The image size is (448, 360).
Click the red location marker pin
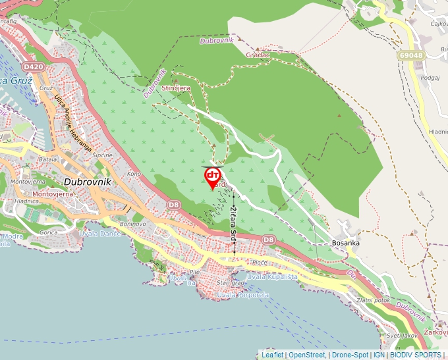(213, 176)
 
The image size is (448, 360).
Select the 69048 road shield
(410, 56)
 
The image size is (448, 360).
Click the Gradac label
(258, 55)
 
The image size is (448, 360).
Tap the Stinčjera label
(176, 88)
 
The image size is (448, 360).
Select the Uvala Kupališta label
(272, 277)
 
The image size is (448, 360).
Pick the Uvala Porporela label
(244, 294)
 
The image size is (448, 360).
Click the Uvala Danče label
(99, 234)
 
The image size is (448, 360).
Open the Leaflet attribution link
(272, 355)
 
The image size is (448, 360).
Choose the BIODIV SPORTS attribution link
(416, 355)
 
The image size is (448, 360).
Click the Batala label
(47, 159)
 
